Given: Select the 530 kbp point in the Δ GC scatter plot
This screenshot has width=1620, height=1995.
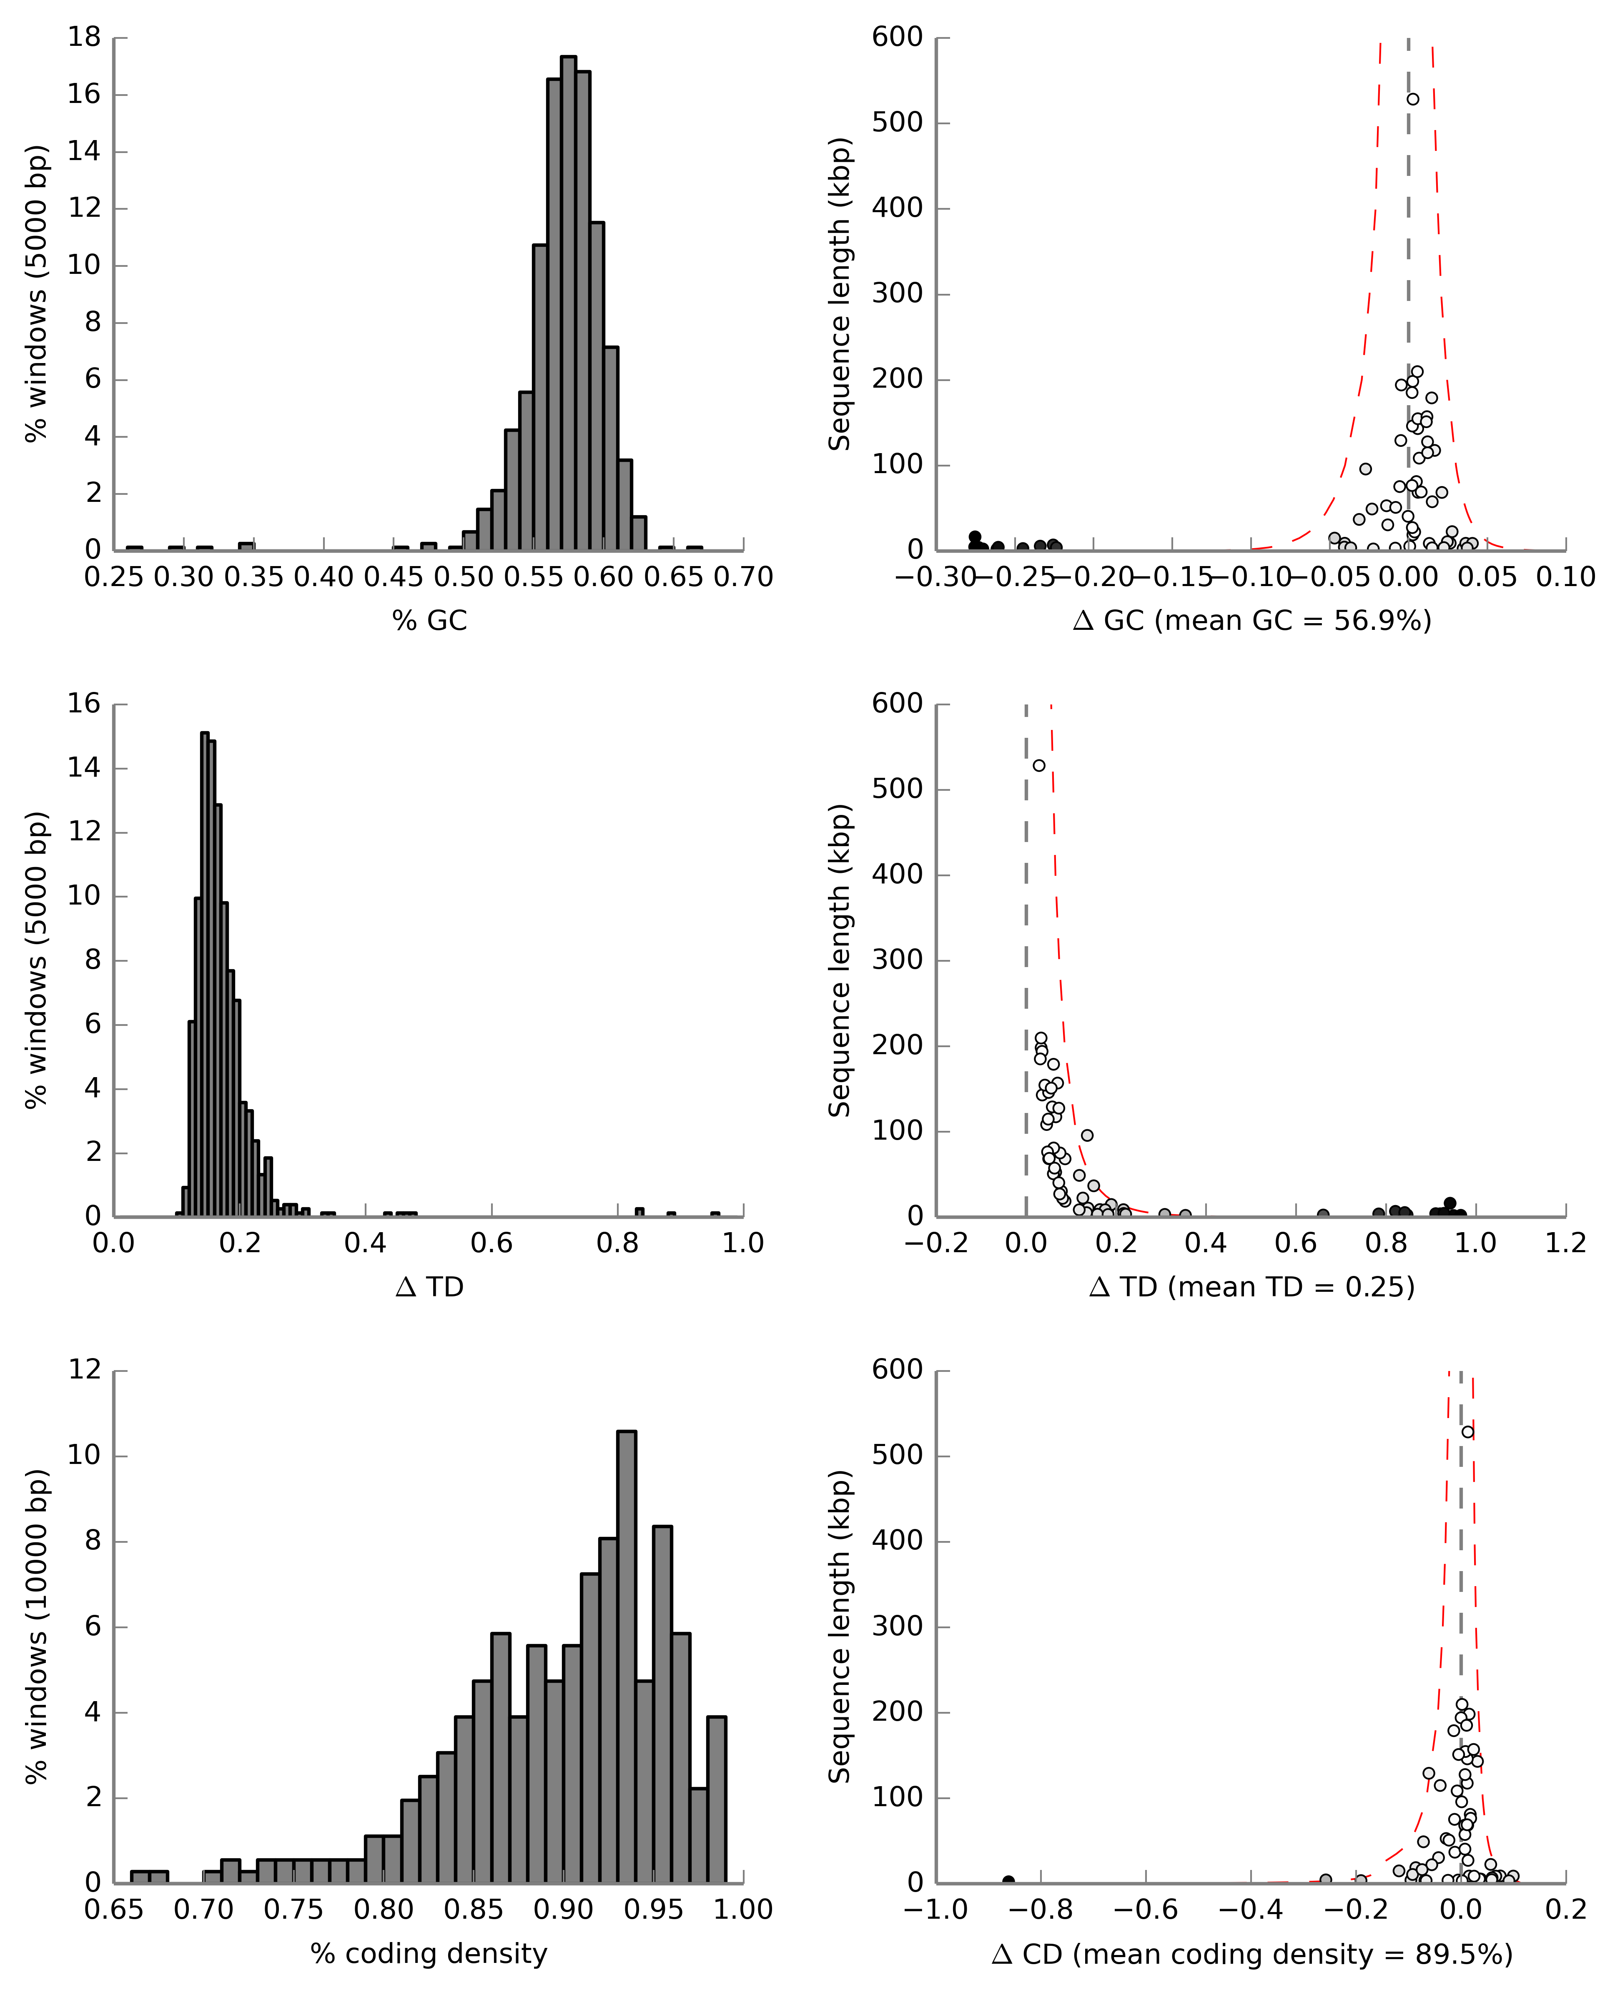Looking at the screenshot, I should click(x=1413, y=99).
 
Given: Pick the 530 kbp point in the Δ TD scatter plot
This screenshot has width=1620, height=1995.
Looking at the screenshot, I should click(x=1038, y=765).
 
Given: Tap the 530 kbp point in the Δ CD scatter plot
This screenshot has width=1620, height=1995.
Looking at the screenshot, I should click(x=1468, y=1431).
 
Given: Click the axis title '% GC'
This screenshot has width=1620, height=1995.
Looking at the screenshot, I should click(x=429, y=621).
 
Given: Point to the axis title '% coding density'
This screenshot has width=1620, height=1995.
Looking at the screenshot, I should click(x=429, y=1953).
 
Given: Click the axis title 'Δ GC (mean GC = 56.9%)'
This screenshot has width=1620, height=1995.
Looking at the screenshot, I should click(x=1251, y=621).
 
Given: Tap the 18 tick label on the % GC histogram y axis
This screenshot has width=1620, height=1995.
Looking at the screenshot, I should click(x=84, y=38).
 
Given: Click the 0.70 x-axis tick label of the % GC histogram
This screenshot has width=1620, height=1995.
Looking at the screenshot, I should click(x=743, y=578).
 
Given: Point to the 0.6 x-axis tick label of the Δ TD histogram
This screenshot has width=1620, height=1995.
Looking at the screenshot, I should click(x=492, y=1244).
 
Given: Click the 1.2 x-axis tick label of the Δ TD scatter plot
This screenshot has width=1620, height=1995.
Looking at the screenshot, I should click(x=1565, y=1244).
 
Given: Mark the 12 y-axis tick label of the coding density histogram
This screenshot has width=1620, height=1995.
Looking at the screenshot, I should click(x=84, y=1370).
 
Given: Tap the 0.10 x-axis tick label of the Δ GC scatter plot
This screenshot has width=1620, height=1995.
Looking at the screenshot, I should click(x=1565, y=578).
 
